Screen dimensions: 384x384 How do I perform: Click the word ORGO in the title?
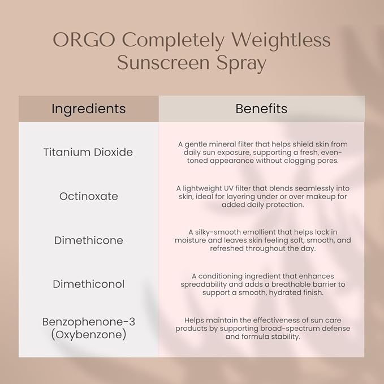(85, 41)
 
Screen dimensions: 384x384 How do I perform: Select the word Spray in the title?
(242, 63)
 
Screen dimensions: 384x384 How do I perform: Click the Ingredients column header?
(88, 109)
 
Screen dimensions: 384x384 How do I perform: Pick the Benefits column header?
(261, 109)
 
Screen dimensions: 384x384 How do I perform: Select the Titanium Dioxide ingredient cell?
(88, 152)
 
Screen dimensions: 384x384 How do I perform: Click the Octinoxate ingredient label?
(88, 196)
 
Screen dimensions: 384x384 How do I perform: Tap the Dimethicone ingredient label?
(88, 240)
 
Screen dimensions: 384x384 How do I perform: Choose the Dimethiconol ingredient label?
(88, 284)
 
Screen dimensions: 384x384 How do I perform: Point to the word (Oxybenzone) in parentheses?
(88, 334)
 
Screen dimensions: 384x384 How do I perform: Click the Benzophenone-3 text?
(88, 322)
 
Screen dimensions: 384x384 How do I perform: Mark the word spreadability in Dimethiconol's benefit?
(207, 284)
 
